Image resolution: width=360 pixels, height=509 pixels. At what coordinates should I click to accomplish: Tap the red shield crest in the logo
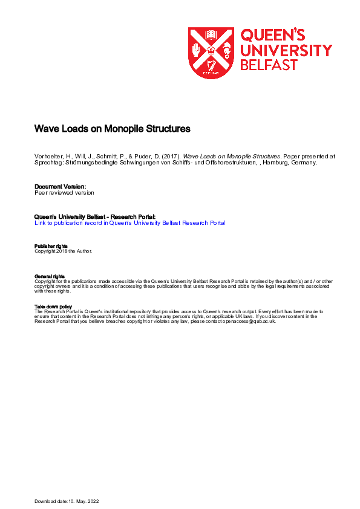(x=211, y=53)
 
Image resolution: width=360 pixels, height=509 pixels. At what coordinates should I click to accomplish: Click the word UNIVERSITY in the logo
(x=286, y=50)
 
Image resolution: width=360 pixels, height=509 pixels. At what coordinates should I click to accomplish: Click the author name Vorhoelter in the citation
(x=49, y=156)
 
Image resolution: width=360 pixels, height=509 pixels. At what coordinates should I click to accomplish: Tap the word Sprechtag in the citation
(x=49, y=163)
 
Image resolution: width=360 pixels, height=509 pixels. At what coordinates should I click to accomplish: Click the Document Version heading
(x=61, y=186)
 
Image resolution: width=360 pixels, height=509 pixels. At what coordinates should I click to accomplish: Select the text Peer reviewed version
(x=64, y=193)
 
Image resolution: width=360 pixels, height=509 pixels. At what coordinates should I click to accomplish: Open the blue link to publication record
(x=130, y=223)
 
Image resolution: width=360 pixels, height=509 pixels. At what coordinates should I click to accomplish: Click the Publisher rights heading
(x=51, y=246)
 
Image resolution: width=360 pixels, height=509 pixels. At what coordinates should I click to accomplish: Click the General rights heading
(x=50, y=276)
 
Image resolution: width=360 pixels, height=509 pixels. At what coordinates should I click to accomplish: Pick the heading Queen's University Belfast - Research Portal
(x=95, y=216)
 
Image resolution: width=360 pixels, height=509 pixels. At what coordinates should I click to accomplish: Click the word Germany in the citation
(x=303, y=163)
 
